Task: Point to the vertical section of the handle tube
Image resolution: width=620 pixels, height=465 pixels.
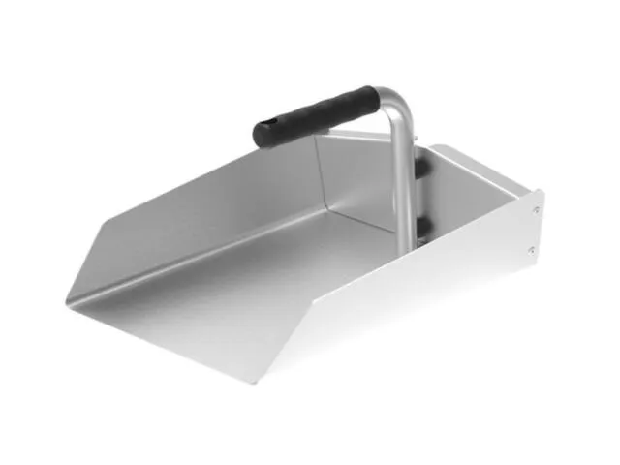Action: tap(402, 184)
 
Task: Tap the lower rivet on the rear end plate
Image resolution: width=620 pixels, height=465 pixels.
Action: tap(532, 249)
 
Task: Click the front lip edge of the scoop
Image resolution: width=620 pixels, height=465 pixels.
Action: tap(145, 344)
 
